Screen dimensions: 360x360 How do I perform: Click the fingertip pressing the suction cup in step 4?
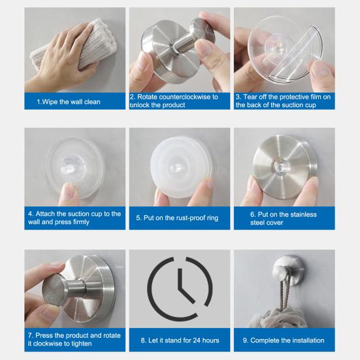tap(69, 191)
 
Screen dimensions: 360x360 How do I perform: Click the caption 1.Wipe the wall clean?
tap(69, 102)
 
